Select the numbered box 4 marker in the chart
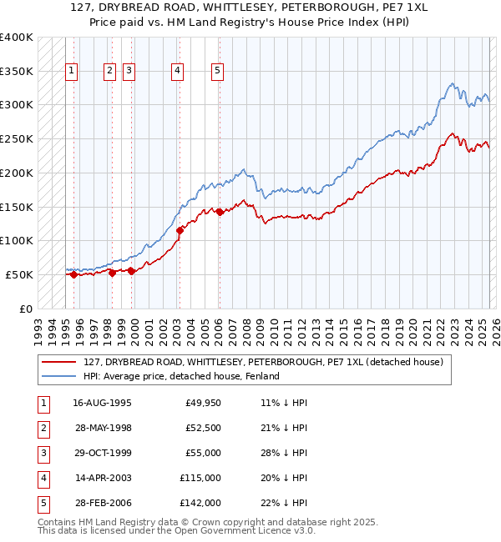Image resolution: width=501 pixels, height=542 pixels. [178, 72]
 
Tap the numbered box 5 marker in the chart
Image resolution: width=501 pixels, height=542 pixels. [217, 72]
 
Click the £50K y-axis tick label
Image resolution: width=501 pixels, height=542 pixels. [19, 274]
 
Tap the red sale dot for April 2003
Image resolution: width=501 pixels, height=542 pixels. [179, 230]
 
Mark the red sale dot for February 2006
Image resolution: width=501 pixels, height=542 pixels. [219, 212]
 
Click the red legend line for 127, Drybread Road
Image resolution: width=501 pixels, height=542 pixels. [60, 363]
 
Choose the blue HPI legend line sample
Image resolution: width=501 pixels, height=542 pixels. [60, 376]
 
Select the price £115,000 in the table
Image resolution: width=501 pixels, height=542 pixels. [200, 479]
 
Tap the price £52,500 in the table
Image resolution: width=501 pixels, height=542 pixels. [203, 429]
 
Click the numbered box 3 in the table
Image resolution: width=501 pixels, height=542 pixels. [43, 454]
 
